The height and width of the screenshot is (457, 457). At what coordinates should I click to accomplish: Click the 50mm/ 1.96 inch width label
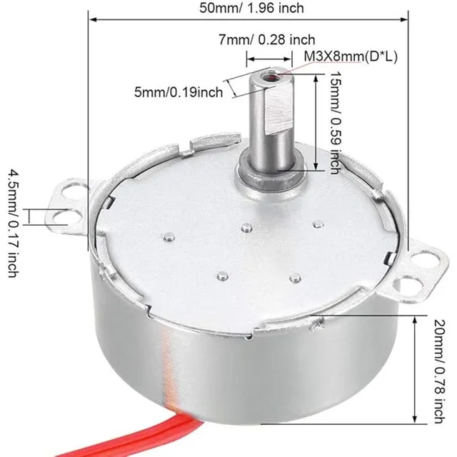(x=251, y=8)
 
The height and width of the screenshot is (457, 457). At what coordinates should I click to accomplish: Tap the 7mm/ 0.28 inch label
(x=267, y=40)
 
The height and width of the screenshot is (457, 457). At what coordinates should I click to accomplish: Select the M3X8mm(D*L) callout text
(x=351, y=56)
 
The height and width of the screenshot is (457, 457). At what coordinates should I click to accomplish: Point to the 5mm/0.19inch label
(x=179, y=92)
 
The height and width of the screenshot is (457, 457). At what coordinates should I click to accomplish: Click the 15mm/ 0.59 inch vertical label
(x=335, y=123)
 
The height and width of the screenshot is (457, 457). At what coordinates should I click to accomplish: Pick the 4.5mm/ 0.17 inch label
(x=14, y=224)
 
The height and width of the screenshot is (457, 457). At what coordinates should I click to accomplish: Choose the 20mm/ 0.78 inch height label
(x=440, y=371)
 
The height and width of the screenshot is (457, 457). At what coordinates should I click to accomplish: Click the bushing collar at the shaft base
(x=271, y=175)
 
